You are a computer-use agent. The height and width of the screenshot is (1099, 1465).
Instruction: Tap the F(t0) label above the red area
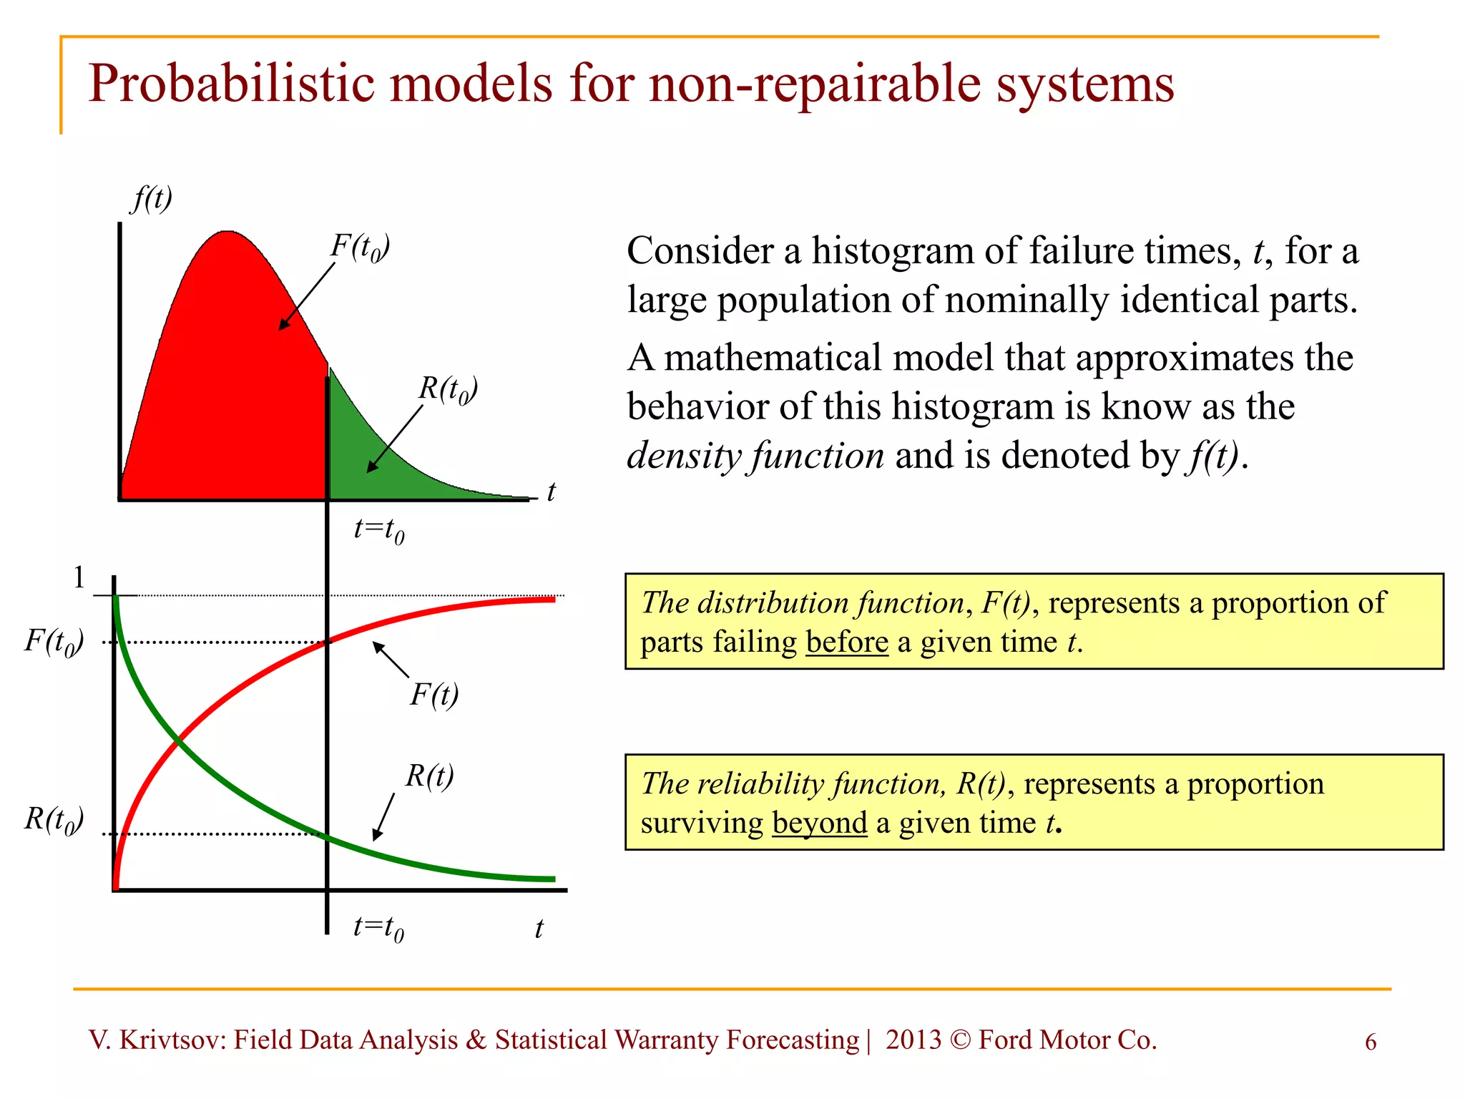(360, 248)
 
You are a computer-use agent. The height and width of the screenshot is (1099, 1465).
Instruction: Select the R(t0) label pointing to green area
(448, 390)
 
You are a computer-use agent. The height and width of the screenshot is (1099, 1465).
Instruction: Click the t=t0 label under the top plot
(379, 531)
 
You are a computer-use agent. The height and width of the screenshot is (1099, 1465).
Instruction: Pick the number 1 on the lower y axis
(79, 577)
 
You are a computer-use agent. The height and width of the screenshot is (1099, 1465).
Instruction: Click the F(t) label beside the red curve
(434, 695)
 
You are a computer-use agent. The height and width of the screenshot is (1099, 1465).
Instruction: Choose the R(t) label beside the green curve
(429, 776)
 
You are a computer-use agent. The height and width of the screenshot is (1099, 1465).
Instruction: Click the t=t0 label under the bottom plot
(378, 928)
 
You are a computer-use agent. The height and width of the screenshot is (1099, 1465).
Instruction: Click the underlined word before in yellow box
(847, 642)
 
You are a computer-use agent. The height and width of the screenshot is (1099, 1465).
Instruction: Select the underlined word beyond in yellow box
(820, 823)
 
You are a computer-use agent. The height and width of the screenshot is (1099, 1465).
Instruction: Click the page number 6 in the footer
(1371, 1042)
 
